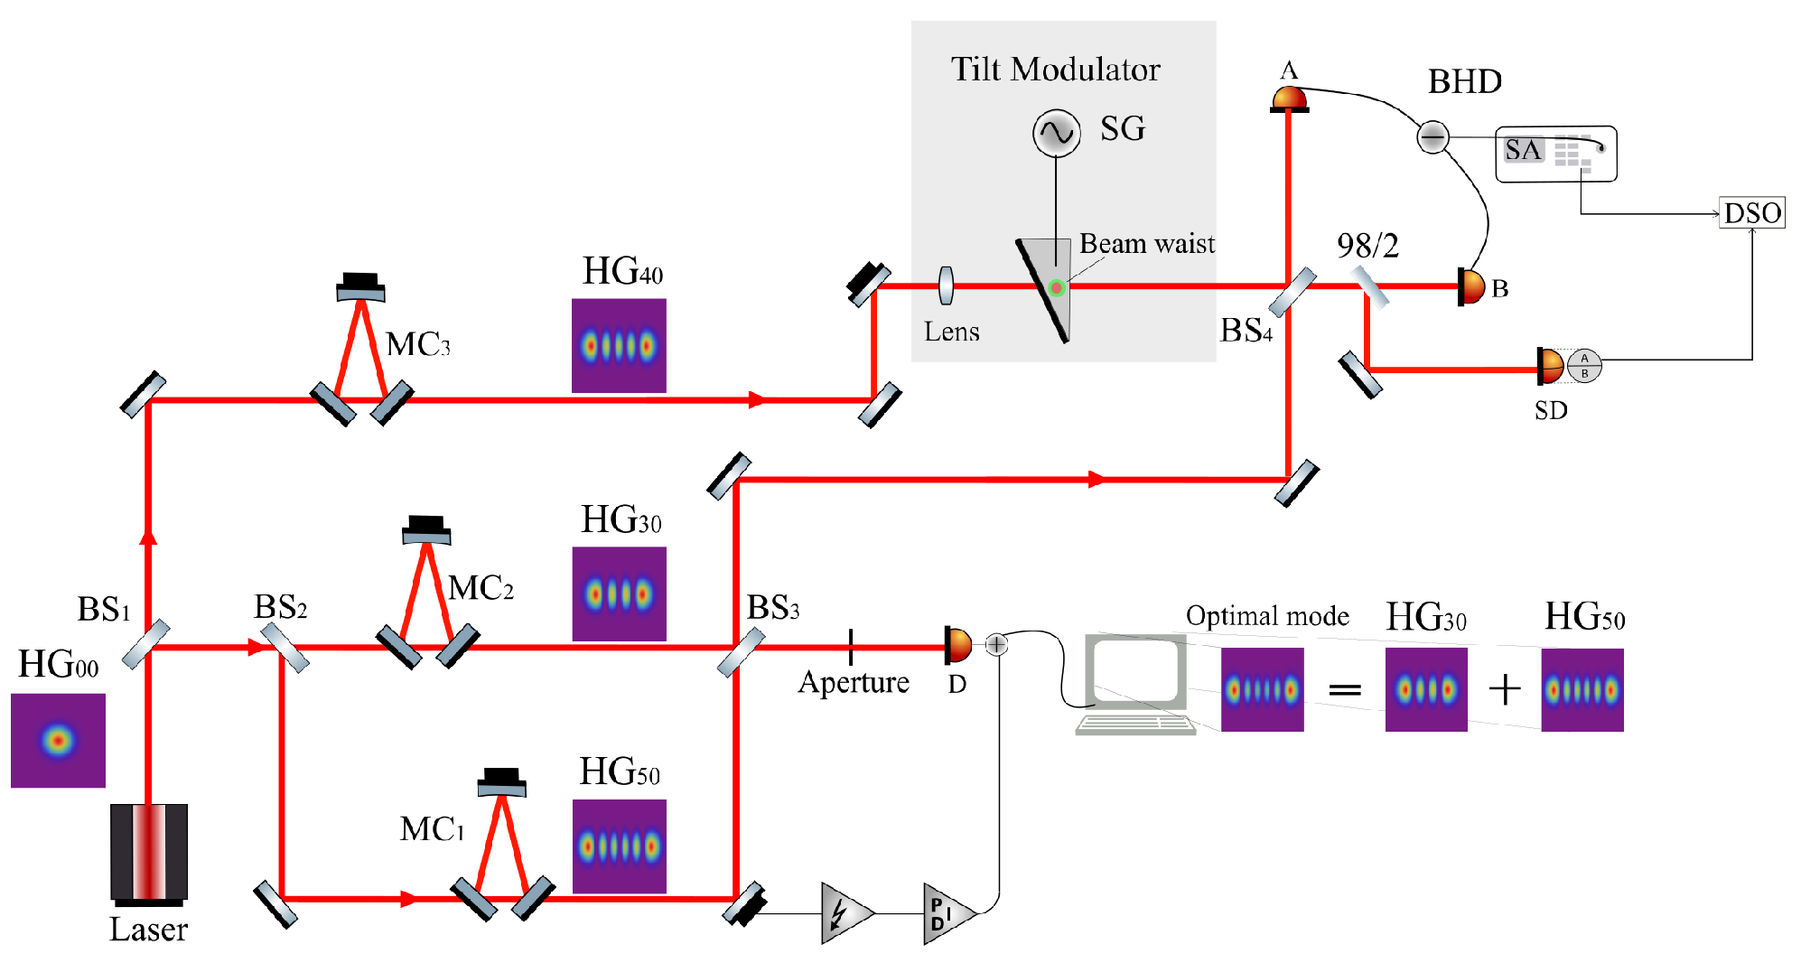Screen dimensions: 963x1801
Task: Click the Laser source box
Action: click(149, 852)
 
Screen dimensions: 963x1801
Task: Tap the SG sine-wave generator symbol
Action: click(1056, 133)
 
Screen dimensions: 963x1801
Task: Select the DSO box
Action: click(1751, 213)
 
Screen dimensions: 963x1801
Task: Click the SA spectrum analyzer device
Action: click(1555, 154)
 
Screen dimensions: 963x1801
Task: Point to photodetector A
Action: click(1289, 98)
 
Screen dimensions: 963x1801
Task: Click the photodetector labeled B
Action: click(1471, 287)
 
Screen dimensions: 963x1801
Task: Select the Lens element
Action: click(946, 285)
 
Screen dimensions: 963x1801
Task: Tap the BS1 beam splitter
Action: click(146, 643)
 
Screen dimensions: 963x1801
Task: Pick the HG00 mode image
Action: click(58, 740)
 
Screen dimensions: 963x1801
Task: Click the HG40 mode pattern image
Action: click(619, 345)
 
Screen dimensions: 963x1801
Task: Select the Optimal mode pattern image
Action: click(1262, 689)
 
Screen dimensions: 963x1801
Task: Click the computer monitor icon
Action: click(1136, 673)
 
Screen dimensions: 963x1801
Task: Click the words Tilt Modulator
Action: click(1055, 70)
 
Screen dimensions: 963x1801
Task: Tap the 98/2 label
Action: click(1367, 246)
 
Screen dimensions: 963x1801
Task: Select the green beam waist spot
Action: click(1056, 288)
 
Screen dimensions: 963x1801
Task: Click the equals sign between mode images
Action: click(1344, 690)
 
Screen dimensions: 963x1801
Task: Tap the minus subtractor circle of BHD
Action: click(1432, 137)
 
